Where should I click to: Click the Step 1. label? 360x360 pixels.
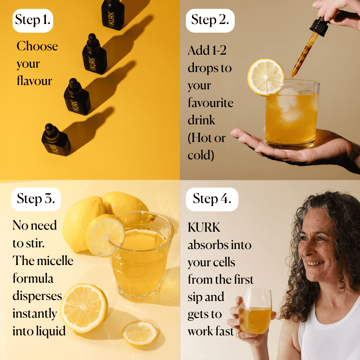(x=33, y=21)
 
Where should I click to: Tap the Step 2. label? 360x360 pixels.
(x=210, y=21)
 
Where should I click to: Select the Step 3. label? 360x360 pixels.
(x=36, y=199)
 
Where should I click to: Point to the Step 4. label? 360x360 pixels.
(x=212, y=199)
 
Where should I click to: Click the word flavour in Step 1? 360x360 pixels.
(x=34, y=81)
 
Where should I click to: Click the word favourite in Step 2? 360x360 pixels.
(x=211, y=103)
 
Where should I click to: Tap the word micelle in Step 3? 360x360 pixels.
(x=55, y=261)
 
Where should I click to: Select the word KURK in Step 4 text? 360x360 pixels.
(x=204, y=227)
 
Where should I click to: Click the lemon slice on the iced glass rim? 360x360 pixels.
(x=266, y=77)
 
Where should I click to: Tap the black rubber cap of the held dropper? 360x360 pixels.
(x=319, y=26)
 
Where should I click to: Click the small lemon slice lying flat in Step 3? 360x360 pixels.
(x=140, y=333)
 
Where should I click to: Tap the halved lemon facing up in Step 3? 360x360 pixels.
(x=84, y=308)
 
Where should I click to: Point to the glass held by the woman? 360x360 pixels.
(x=256, y=311)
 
